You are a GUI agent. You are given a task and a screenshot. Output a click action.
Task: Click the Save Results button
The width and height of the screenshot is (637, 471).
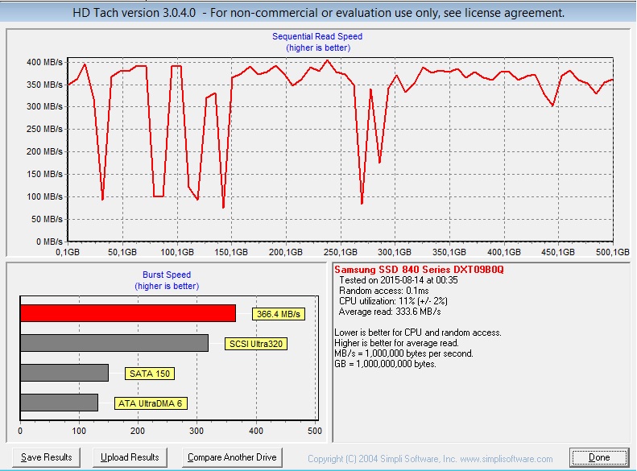47,457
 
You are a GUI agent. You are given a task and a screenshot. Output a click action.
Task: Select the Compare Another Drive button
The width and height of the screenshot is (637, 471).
232,457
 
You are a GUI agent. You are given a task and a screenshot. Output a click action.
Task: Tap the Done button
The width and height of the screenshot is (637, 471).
599,457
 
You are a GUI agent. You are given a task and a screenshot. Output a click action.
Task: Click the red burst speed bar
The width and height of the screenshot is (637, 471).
128,313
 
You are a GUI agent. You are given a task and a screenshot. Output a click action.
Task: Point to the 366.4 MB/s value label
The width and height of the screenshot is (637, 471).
279,314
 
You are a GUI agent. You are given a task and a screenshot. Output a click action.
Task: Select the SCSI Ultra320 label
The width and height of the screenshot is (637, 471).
256,344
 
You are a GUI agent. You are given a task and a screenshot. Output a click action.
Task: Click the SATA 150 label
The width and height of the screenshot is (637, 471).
150,374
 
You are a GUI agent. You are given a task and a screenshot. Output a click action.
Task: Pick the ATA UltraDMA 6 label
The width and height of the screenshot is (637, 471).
151,403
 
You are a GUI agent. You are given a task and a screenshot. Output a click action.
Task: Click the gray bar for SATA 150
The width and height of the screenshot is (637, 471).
64,373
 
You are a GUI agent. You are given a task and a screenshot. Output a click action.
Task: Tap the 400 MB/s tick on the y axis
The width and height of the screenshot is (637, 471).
44,62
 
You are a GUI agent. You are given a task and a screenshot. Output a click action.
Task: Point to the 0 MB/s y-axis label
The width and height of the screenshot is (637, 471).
49,242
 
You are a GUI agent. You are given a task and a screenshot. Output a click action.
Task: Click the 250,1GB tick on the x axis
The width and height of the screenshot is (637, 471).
341,252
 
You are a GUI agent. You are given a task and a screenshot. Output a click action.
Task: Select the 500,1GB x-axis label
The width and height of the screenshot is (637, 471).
613,252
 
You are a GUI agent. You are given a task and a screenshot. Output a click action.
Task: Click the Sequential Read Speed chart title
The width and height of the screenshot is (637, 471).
317,36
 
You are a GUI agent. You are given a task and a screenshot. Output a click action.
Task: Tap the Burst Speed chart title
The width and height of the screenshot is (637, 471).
167,275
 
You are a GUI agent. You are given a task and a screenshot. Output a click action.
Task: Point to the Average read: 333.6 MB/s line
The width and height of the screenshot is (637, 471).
390,312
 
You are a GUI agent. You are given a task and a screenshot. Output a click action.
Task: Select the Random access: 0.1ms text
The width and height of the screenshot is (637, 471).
384,291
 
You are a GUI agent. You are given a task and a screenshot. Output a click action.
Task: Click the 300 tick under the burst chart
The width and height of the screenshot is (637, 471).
196,431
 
